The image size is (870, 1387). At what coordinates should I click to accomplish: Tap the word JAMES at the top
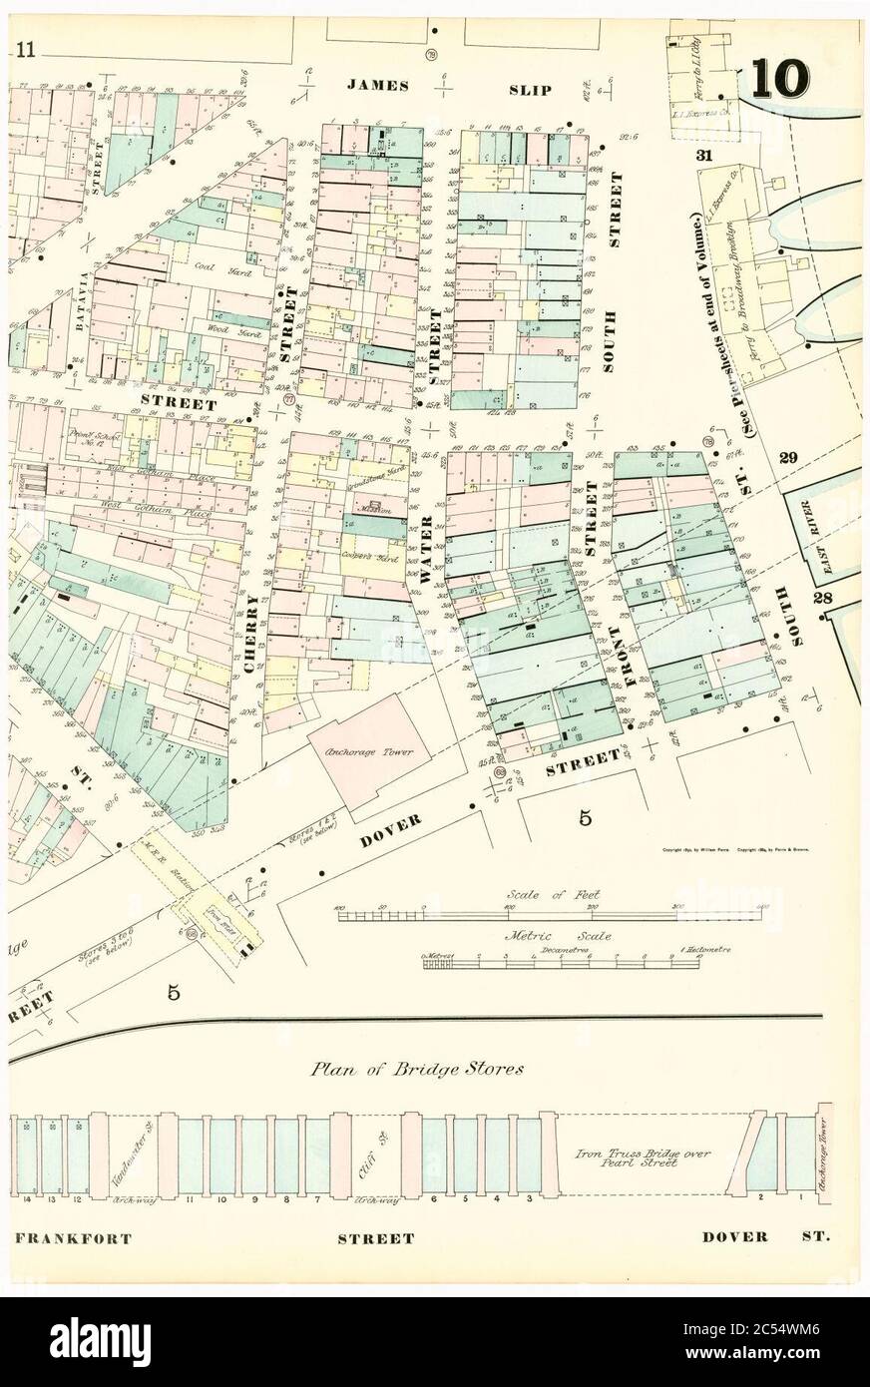378,87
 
